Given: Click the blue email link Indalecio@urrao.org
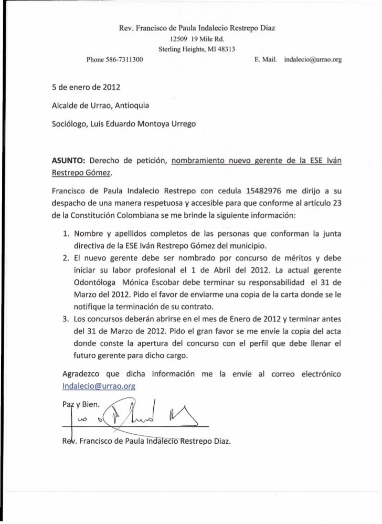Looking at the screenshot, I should point(99,386).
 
